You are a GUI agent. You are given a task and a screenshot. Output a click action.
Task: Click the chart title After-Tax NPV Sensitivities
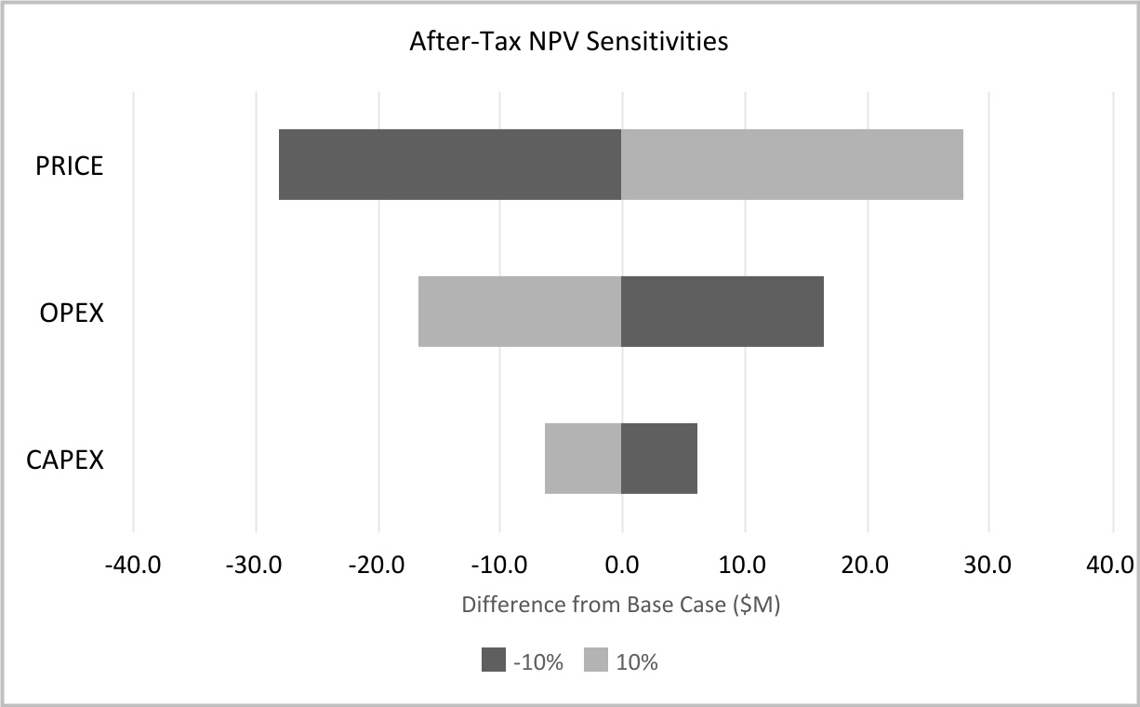point(569,42)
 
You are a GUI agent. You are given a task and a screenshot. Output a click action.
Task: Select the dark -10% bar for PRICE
point(450,165)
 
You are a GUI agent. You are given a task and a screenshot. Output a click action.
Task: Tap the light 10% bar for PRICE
point(792,165)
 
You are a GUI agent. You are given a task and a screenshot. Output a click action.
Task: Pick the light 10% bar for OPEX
point(520,312)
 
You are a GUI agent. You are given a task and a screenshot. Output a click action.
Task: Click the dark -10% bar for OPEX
point(722,312)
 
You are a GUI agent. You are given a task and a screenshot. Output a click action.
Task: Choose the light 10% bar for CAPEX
point(583,459)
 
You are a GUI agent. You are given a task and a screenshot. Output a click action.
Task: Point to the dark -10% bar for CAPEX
point(659,459)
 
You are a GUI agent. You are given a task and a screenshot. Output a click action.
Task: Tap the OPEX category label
point(72,313)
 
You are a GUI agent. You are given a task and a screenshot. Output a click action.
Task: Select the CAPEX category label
point(65,460)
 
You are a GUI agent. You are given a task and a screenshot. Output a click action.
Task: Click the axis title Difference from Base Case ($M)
point(621,606)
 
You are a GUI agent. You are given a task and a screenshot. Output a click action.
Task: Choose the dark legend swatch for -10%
point(493,661)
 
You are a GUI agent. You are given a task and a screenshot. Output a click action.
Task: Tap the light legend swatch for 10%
point(595,661)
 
